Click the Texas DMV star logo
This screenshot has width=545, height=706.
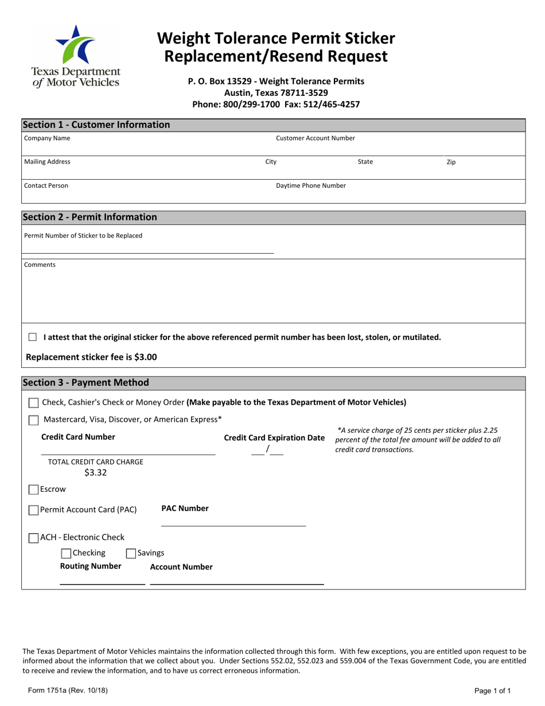click(x=75, y=44)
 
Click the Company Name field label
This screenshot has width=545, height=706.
click(x=47, y=138)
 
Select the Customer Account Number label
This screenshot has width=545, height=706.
click(x=315, y=138)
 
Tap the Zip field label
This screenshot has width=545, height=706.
click(x=451, y=162)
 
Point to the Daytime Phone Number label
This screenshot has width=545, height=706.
click(x=311, y=186)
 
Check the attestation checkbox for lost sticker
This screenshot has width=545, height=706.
click(x=33, y=338)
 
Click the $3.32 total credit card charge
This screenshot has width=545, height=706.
click(x=95, y=474)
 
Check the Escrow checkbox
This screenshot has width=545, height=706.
click(x=34, y=490)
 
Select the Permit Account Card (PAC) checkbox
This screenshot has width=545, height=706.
click(x=34, y=510)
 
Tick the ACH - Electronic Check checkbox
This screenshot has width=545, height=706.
click(x=34, y=538)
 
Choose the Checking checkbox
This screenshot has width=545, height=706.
click(x=66, y=553)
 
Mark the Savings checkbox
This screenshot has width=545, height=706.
click(x=131, y=553)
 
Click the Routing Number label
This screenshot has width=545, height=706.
click(x=91, y=567)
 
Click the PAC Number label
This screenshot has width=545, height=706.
click(x=185, y=509)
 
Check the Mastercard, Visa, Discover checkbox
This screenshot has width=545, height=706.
click(x=34, y=420)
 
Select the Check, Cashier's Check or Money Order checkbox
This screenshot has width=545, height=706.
click(x=34, y=403)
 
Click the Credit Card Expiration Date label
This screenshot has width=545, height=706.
click(x=274, y=438)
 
